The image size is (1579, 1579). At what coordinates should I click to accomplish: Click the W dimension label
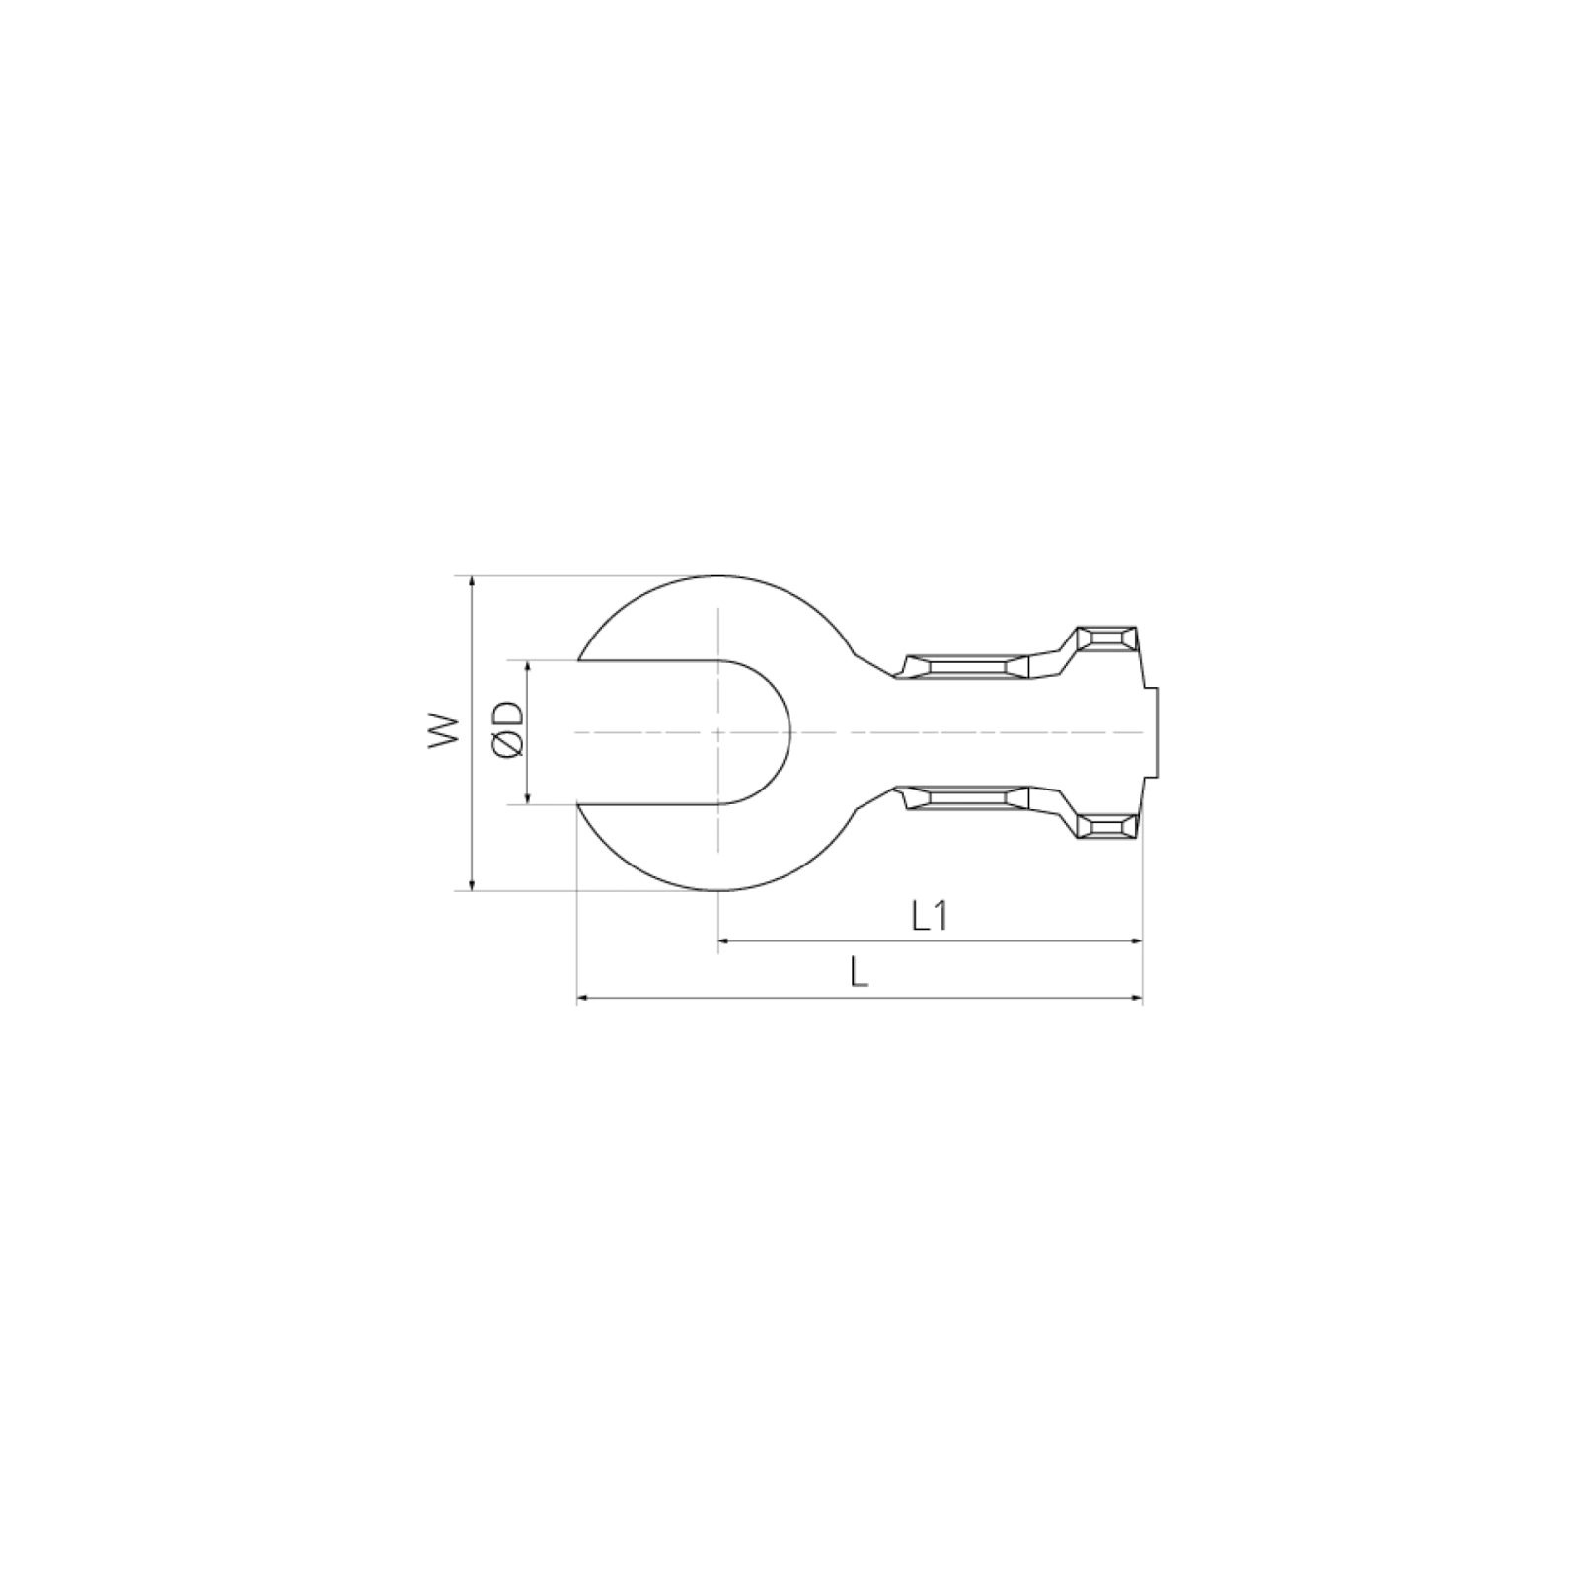445,731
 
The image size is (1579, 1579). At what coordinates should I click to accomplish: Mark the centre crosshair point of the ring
718,732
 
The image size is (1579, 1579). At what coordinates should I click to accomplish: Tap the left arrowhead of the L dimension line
581,1000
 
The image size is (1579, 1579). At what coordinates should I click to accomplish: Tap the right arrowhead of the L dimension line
1138,1000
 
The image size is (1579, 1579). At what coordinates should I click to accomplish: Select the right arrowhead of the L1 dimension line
1138,942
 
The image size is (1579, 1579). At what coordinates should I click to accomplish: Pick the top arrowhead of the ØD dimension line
526,665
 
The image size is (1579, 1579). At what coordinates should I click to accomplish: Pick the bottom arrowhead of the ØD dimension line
526,797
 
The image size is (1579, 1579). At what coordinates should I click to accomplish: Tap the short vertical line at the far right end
1155,731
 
